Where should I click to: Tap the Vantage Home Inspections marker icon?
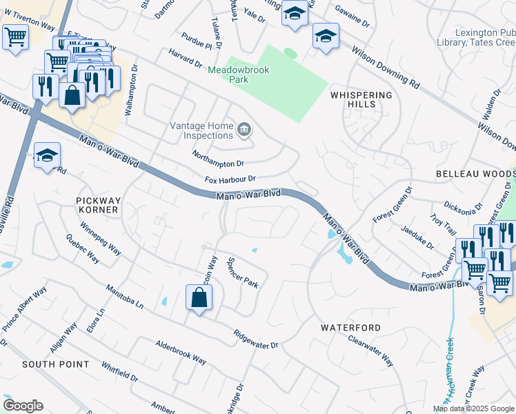coord(244,130)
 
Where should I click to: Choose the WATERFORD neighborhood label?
coord(350,328)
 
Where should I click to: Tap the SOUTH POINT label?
coord(55,364)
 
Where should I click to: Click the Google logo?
coord(23,406)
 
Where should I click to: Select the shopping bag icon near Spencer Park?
coord(199,298)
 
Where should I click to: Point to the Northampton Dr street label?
coord(218,159)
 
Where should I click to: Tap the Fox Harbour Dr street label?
coord(230,179)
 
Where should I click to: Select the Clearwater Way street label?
coord(370,351)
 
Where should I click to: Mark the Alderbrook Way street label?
coord(181,352)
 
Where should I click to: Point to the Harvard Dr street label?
coord(183,59)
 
